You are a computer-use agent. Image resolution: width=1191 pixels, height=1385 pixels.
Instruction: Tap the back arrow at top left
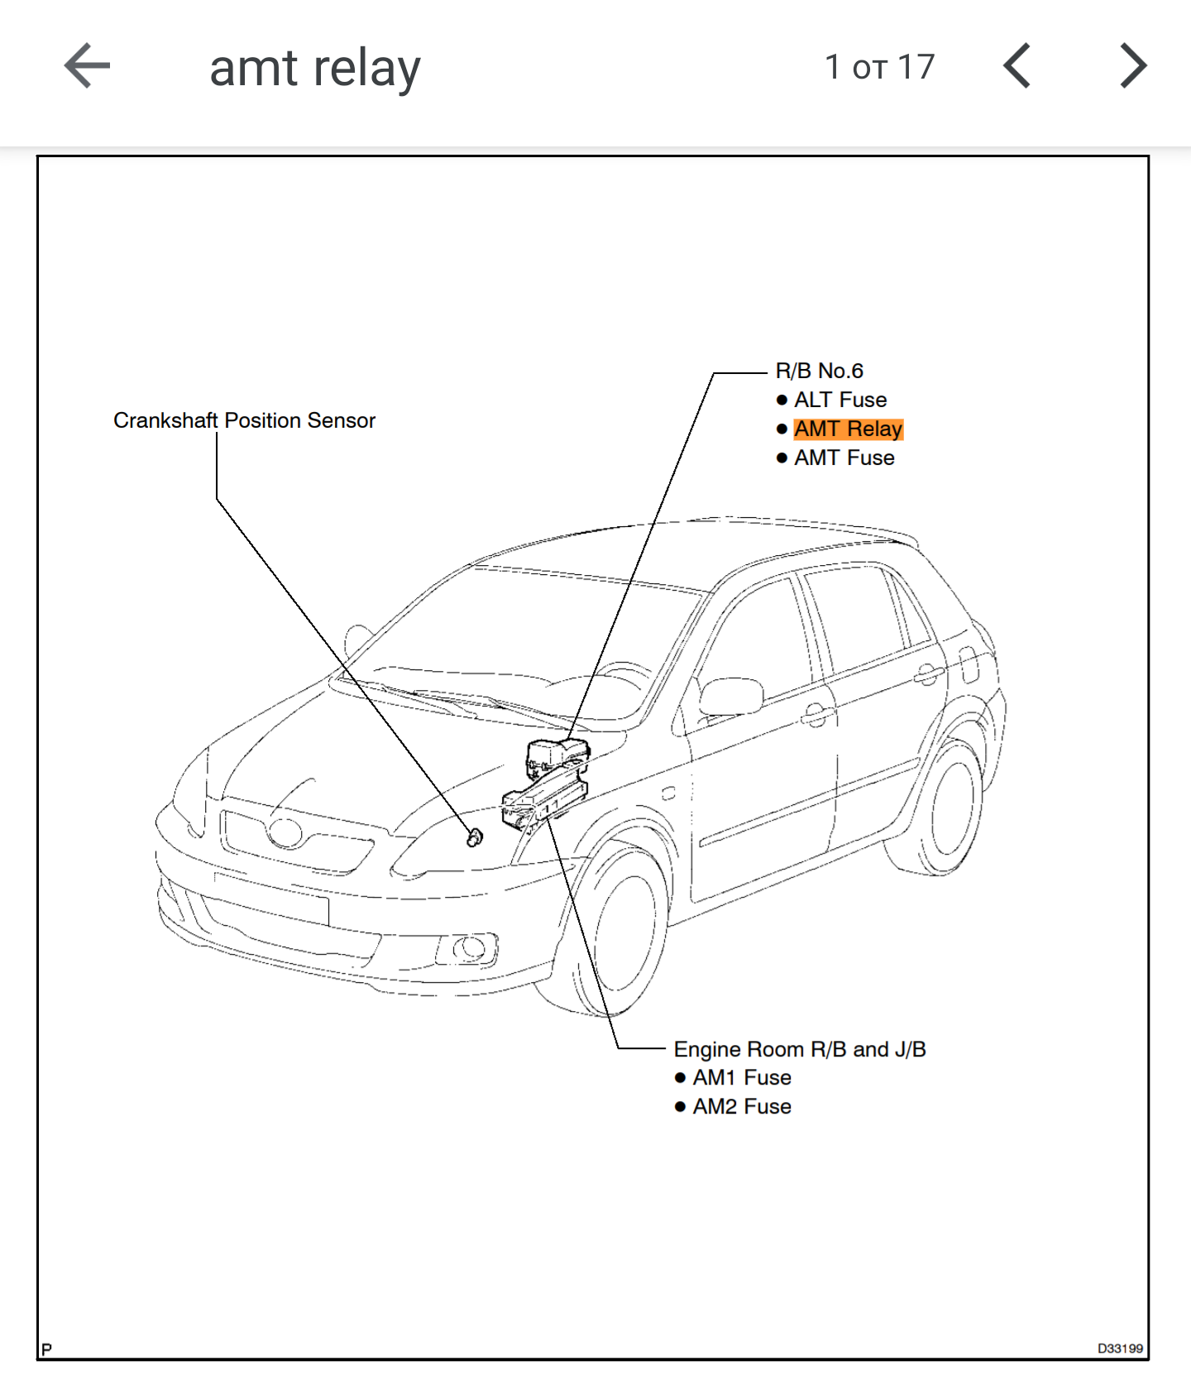pos(87,66)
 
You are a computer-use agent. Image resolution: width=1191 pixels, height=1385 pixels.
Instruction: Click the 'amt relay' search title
pos(315,68)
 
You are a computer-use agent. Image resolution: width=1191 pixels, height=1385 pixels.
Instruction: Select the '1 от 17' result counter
pos(879,67)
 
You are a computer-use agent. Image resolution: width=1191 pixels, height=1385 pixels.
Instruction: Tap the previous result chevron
pos(1016,66)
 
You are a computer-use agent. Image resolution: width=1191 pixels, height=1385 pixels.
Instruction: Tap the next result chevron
pos(1133,66)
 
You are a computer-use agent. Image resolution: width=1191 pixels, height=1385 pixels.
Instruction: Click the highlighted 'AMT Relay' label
pos(848,429)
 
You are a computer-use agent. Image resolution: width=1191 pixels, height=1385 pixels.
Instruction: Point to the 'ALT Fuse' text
pos(839,400)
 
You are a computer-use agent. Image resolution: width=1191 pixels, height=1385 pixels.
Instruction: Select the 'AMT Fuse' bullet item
pos(844,458)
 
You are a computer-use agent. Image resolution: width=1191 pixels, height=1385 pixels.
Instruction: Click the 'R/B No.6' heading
pos(819,371)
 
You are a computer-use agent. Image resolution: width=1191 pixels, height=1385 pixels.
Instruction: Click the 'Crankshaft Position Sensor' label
pos(244,420)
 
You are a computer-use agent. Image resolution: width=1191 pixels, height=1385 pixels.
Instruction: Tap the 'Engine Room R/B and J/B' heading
pos(799,1049)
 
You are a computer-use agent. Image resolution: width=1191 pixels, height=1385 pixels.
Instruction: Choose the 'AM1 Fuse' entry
pos(741,1078)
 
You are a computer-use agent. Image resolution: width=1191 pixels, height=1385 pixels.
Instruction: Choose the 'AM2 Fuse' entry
pos(741,1107)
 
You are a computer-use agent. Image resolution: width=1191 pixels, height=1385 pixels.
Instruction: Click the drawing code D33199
pos(1119,1348)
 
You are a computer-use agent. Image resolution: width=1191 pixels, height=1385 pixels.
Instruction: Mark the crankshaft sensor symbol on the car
pos(474,838)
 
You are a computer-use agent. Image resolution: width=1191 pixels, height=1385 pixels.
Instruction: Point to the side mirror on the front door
pos(729,696)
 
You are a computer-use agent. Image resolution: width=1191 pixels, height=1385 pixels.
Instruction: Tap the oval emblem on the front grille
pos(285,832)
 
